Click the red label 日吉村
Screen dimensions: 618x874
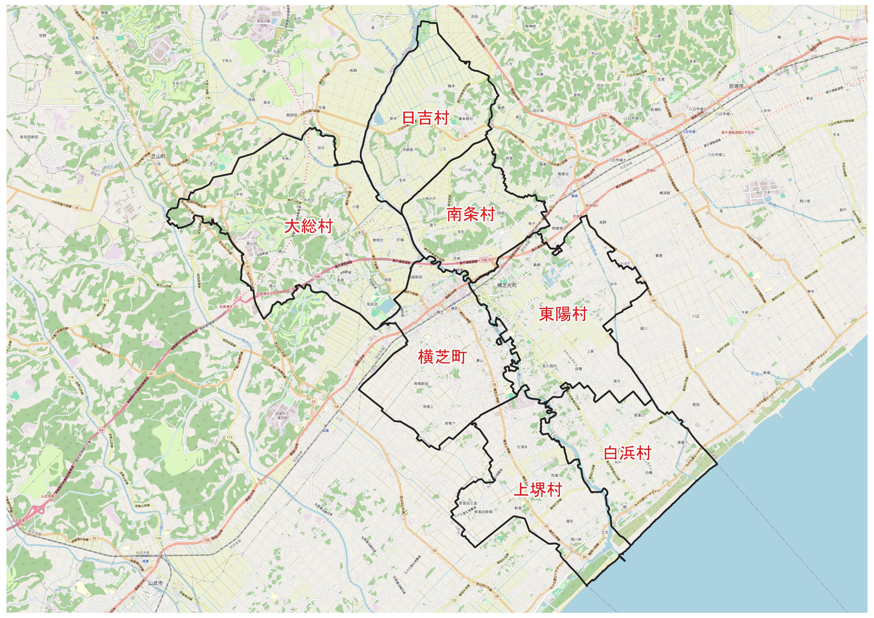click(x=426, y=118)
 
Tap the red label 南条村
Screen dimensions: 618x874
click(x=471, y=214)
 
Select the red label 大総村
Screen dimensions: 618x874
click(x=309, y=227)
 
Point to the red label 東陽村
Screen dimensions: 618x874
click(x=563, y=314)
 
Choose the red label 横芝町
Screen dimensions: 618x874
click(x=442, y=357)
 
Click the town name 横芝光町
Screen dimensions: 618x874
click(x=507, y=285)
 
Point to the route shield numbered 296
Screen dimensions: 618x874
click(x=604, y=116)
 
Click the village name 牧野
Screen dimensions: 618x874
click(x=43, y=35)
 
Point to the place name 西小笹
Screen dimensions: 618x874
click(x=805, y=201)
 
